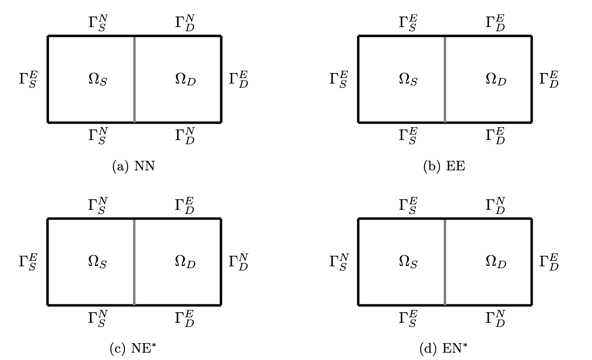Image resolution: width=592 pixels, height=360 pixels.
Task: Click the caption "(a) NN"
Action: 134,166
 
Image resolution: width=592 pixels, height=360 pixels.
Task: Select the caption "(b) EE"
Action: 444,166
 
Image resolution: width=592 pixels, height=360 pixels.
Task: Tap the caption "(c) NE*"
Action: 134,349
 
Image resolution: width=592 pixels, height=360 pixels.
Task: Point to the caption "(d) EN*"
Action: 444,349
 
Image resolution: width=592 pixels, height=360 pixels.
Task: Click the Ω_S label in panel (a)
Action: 97,80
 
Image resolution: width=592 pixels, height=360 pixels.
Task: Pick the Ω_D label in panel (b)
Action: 496,80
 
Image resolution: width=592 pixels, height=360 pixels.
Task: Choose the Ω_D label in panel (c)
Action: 185,262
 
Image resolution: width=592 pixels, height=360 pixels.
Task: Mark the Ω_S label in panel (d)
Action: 408,262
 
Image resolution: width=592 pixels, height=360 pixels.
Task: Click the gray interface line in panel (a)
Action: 134,79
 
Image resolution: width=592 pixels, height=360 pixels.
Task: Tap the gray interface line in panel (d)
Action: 445,262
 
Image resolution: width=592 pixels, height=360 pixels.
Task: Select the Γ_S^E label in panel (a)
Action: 28,80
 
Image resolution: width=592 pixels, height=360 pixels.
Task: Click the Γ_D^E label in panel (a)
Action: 238,80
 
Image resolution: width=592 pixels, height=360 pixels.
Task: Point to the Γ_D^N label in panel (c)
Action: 238,262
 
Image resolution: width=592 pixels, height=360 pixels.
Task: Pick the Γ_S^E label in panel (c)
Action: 28,262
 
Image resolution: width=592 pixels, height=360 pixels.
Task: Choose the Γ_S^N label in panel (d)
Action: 339,262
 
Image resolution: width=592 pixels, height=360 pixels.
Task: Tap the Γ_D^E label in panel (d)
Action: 549,262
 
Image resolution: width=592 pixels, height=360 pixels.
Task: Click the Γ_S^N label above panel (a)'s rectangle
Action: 97,22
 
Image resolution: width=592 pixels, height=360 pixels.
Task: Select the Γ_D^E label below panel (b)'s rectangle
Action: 495,136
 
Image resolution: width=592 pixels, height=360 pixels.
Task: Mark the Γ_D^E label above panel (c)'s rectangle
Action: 184,205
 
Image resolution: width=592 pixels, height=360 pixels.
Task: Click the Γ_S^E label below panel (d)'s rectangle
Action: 408,319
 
